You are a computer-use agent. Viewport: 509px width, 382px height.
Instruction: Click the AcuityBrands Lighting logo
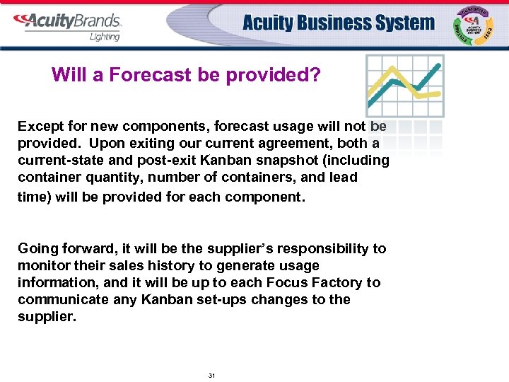click(x=67, y=25)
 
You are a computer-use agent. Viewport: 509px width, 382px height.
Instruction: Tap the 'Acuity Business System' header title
click(x=339, y=23)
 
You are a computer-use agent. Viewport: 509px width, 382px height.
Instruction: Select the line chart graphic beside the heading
click(x=404, y=86)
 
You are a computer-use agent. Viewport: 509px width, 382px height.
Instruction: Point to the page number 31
click(x=211, y=376)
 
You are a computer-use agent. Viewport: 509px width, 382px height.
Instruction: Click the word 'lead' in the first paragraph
click(x=344, y=177)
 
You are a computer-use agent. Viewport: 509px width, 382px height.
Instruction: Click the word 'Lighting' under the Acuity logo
click(x=104, y=37)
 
